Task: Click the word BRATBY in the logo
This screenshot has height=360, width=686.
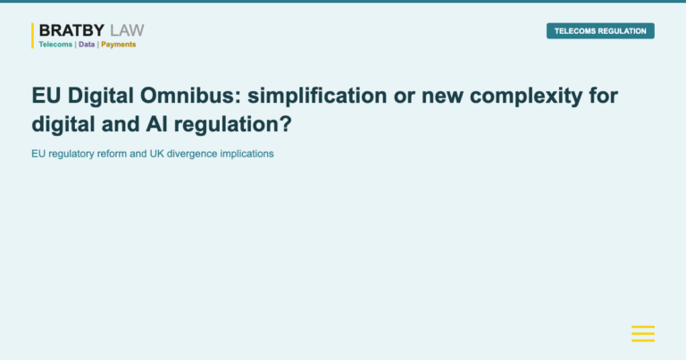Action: (x=71, y=31)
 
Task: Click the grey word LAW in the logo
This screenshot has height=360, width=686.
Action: (x=126, y=31)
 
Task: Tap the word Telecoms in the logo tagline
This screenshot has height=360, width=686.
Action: (x=55, y=44)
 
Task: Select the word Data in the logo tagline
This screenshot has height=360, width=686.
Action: (x=87, y=44)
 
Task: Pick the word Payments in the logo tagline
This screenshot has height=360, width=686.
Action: (x=119, y=44)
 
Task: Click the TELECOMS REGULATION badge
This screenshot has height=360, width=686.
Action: (x=600, y=31)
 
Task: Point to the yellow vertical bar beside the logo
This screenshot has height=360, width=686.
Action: (x=33, y=36)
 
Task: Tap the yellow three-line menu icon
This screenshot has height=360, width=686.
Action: (x=643, y=334)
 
